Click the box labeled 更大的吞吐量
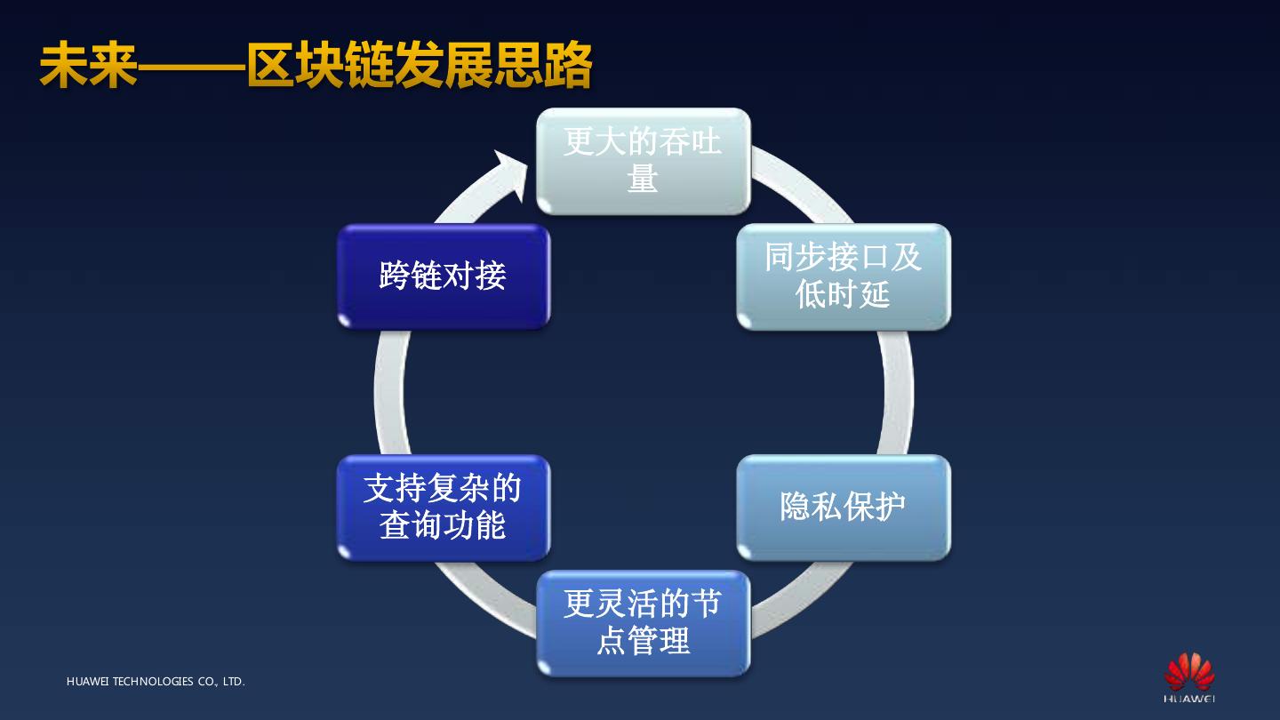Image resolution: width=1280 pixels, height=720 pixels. [x=643, y=161]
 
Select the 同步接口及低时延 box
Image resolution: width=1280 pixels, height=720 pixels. [x=843, y=276]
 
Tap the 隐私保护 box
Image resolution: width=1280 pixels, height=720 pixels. [x=843, y=508]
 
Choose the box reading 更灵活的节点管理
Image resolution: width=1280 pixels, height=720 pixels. [x=643, y=623]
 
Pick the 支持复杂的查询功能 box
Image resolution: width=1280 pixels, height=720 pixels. [x=443, y=508]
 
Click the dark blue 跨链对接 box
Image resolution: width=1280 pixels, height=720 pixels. [x=443, y=276]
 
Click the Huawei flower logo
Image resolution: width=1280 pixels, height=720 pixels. [x=1189, y=671]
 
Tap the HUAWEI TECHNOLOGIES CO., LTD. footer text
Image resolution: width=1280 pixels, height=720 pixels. [x=156, y=682]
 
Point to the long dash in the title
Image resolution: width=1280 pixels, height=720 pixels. [x=191, y=67]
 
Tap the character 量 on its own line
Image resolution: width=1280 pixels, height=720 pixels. [x=643, y=179]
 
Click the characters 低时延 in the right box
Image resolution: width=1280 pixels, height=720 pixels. [x=843, y=294]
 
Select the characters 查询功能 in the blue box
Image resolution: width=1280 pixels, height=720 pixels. [x=443, y=525]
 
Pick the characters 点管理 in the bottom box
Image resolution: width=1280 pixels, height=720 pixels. [x=643, y=641]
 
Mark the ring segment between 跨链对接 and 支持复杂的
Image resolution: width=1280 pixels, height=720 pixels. [x=388, y=392]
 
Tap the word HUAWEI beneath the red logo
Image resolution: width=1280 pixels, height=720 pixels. [x=1189, y=699]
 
